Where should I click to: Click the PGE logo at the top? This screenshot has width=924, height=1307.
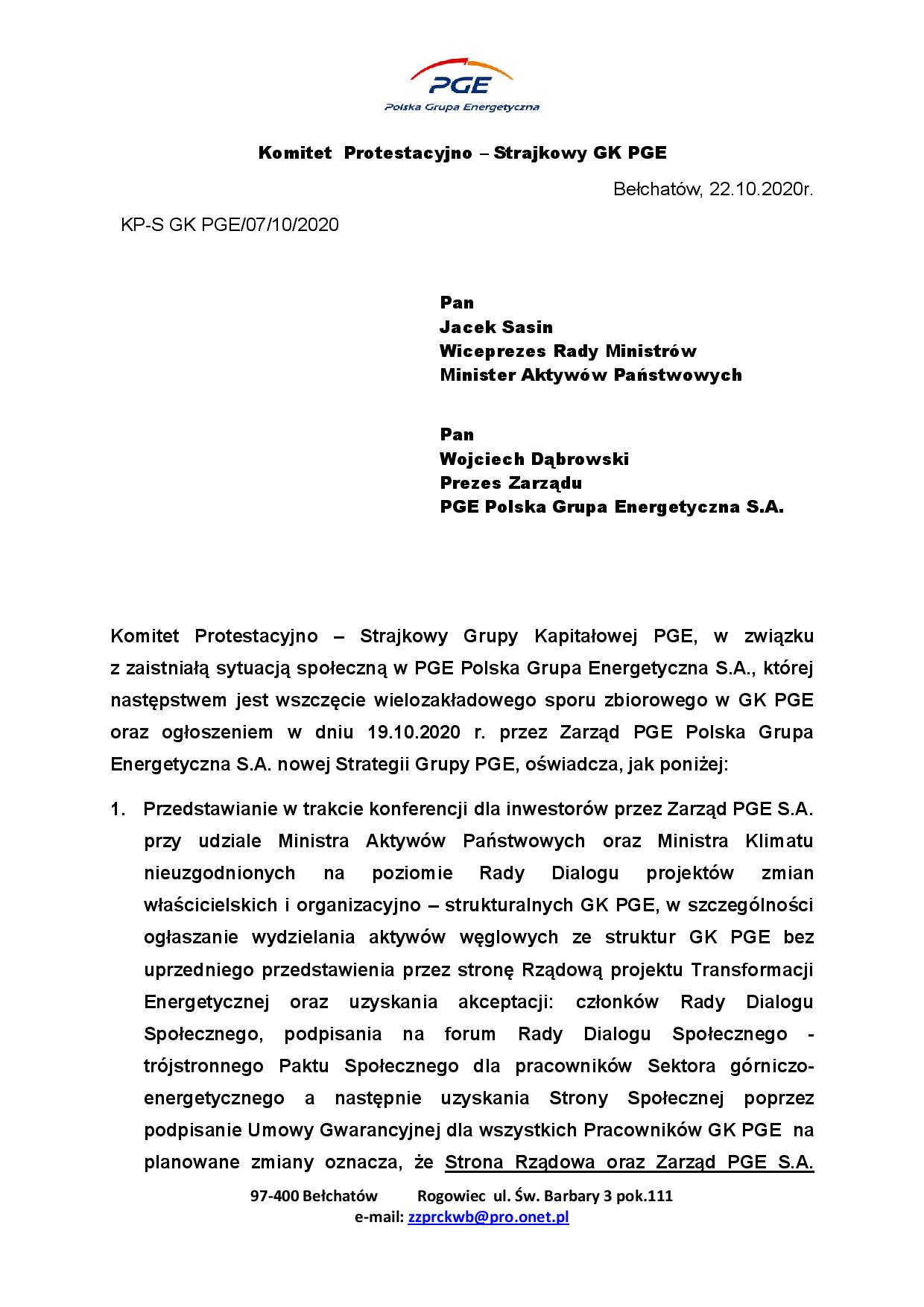(461, 86)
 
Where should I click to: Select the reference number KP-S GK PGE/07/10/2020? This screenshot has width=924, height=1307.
(230, 224)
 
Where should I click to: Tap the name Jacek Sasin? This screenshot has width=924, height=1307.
(496, 326)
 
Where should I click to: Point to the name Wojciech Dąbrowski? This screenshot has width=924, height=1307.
(534, 458)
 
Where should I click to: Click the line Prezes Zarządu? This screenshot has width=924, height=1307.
(510, 483)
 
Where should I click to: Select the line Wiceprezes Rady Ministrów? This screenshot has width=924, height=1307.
(568, 350)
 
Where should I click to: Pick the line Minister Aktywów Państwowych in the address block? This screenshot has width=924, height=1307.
(590, 375)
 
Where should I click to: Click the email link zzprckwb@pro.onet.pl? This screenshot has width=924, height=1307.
(488, 1217)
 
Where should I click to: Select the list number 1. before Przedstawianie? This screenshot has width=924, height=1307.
(119, 808)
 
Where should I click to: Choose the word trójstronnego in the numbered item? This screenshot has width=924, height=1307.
(203, 1066)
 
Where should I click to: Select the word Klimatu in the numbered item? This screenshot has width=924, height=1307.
(779, 841)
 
